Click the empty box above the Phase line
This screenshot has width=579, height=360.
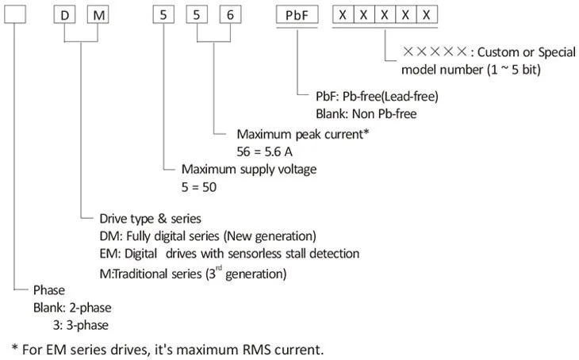15,15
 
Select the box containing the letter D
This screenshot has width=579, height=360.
64,15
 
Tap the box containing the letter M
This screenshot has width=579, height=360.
98,15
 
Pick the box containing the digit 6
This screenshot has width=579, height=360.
231,15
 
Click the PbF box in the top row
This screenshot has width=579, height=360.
297,15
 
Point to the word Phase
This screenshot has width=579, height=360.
48,290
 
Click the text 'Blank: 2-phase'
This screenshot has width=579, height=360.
72,308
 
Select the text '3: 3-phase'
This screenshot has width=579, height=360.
81,325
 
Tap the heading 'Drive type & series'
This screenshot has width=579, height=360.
150,219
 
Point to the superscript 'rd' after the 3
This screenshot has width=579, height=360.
219,268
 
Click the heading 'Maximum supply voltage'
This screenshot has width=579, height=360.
249,169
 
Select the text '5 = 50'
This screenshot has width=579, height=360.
199,187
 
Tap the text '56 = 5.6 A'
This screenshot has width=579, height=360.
265,151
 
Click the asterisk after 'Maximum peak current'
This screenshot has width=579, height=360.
366,131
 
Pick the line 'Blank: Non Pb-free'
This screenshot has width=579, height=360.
366,113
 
